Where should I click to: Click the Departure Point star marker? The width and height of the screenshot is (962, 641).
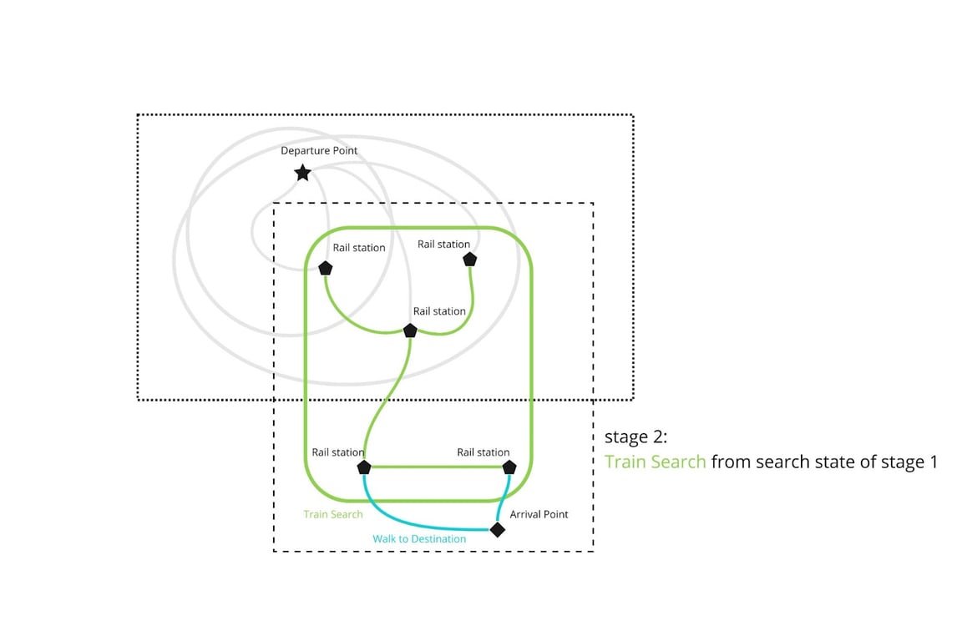(x=302, y=174)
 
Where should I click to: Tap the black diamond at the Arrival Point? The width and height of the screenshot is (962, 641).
(x=498, y=529)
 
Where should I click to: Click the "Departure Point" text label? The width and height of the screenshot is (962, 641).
(x=319, y=151)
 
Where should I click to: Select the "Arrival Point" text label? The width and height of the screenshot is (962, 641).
(x=539, y=514)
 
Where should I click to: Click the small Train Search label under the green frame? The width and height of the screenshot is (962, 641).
(x=333, y=514)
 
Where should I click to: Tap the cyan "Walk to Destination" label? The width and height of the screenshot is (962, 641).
(x=419, y=539)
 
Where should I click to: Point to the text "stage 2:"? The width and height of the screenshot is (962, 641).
(x=635, y=437)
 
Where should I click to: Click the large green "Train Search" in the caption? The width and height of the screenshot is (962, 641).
(x=655, y=462)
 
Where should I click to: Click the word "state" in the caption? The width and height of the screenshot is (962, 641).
(x=848, y=462)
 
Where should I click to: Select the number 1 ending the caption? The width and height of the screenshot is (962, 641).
(x=933, y=462)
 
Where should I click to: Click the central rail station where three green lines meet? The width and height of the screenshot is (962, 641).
(x=410, y=331)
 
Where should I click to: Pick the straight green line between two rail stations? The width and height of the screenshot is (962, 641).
(x=437, y=467)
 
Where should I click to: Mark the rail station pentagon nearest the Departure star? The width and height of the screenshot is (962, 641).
(x=325, y=268)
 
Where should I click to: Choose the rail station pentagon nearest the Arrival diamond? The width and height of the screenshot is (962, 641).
(x=509, y=467)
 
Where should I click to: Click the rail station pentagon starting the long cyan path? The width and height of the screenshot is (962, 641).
(x=364, y=467)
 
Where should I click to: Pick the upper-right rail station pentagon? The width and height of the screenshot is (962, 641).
(x=470, y=260)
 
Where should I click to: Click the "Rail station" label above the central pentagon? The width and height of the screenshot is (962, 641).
(x=439, y=311)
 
